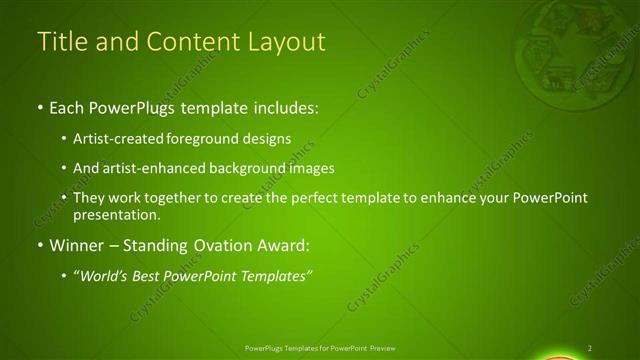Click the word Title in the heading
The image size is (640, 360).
(60, 42)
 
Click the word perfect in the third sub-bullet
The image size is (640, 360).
(317, 199)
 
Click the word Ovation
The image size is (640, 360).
(228, 244)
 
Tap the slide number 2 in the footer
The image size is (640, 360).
(590, 348)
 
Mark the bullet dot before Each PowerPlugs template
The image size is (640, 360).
(39, 106)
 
